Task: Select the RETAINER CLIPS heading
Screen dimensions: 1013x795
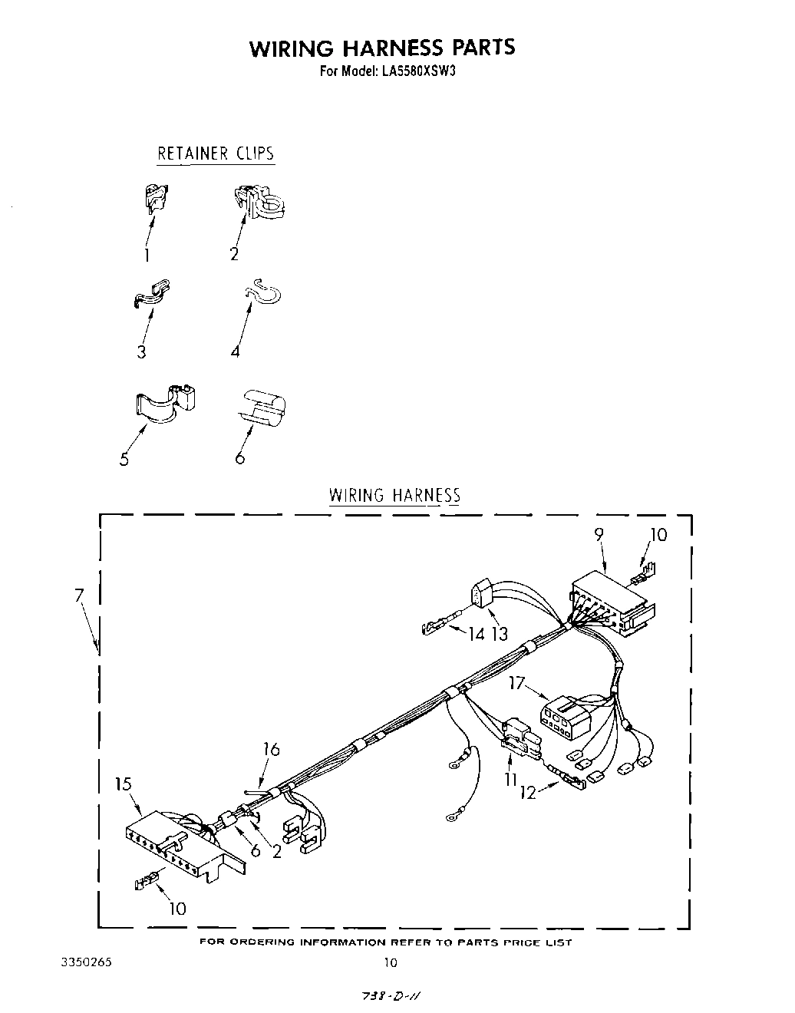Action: tap(216, 153)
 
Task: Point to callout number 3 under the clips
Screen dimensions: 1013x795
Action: tap(142, 352)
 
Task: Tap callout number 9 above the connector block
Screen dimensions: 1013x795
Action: tap(599, 535)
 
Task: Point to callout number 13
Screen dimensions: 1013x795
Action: tap(500, 634)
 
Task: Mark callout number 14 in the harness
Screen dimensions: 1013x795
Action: tap(477, 634)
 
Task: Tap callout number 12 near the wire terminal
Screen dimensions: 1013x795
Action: tap(528, 794)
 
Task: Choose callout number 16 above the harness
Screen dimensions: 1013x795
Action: tap(271, 750)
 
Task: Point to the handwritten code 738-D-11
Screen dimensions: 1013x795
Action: tap(391, 995)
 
